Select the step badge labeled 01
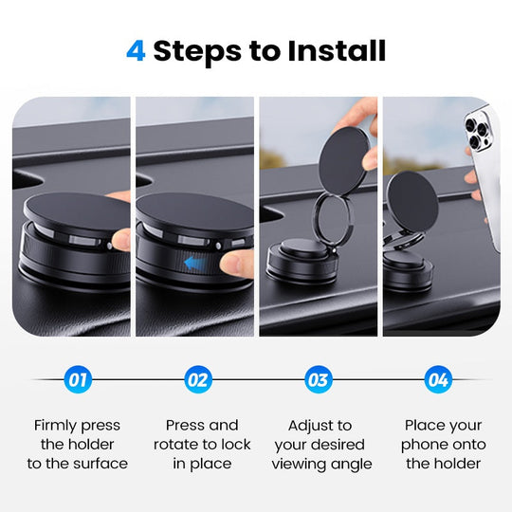78,380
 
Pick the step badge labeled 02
196,380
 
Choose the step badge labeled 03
319,380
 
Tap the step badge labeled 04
437,380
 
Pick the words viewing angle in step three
321,464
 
